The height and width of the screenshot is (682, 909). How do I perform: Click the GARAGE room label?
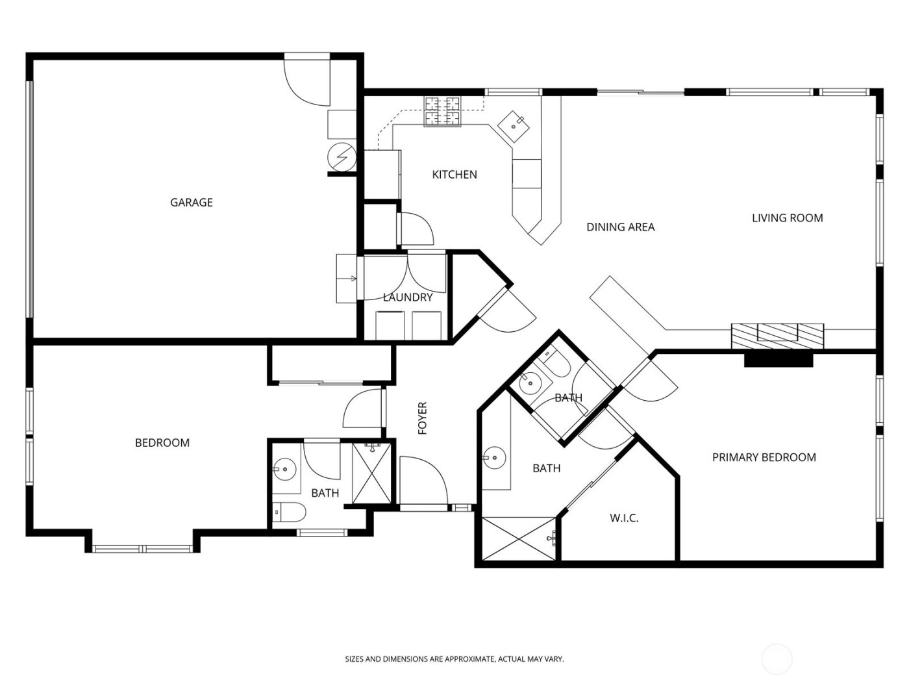pos(191,203)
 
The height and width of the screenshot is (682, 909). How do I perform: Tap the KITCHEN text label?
pos(454,175)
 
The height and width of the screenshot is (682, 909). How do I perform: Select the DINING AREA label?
pos(620,227)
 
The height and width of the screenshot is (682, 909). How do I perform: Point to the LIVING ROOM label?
pos(787,218)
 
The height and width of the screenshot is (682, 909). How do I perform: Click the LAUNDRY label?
pos(407,297)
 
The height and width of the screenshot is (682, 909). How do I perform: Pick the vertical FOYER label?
pos(423,418)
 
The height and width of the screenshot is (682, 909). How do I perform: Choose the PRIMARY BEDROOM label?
pos(764,457)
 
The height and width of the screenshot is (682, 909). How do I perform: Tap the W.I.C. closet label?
pos(624,518)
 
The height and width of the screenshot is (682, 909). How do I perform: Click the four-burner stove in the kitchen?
pos(443,111)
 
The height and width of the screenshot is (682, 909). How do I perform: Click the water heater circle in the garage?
pos(342,157)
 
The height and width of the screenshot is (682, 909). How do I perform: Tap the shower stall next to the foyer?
pos(372,472)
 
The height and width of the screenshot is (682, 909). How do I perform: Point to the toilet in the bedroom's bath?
pos(289,513)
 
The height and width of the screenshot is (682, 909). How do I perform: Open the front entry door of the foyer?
pos(422,481)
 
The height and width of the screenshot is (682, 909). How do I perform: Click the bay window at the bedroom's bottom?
pos(142,549)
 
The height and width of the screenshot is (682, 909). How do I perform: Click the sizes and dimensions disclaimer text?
pos(454,659)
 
